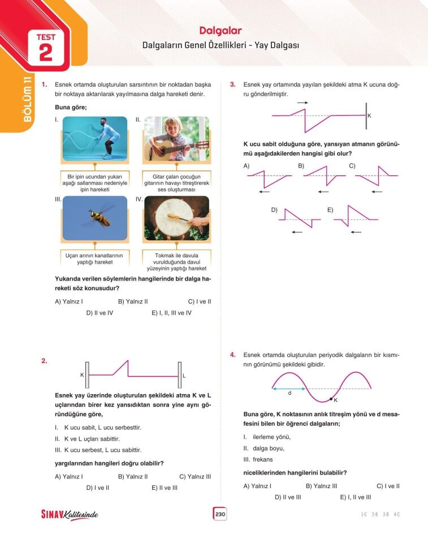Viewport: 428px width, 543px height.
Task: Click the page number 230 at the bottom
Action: (x=219, y=514)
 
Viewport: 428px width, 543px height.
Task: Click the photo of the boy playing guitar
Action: (x=176, y=139)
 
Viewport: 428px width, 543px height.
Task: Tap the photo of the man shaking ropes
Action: (x=94, y=139)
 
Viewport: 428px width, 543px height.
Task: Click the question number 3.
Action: (x=232, y=85)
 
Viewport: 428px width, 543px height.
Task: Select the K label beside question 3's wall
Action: (x=370, y=115)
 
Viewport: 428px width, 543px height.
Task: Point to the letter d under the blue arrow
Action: (x=289, y=394)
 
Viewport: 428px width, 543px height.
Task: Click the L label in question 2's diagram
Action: (x=184, y=375)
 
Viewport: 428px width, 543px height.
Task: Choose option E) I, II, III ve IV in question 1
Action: (x=171, y=313)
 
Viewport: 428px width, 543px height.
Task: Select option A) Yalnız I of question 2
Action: (x=69, y=476)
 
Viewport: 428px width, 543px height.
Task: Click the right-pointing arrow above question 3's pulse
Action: (x=302, y=102)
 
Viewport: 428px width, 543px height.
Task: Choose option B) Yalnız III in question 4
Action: (x=321, y=486)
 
